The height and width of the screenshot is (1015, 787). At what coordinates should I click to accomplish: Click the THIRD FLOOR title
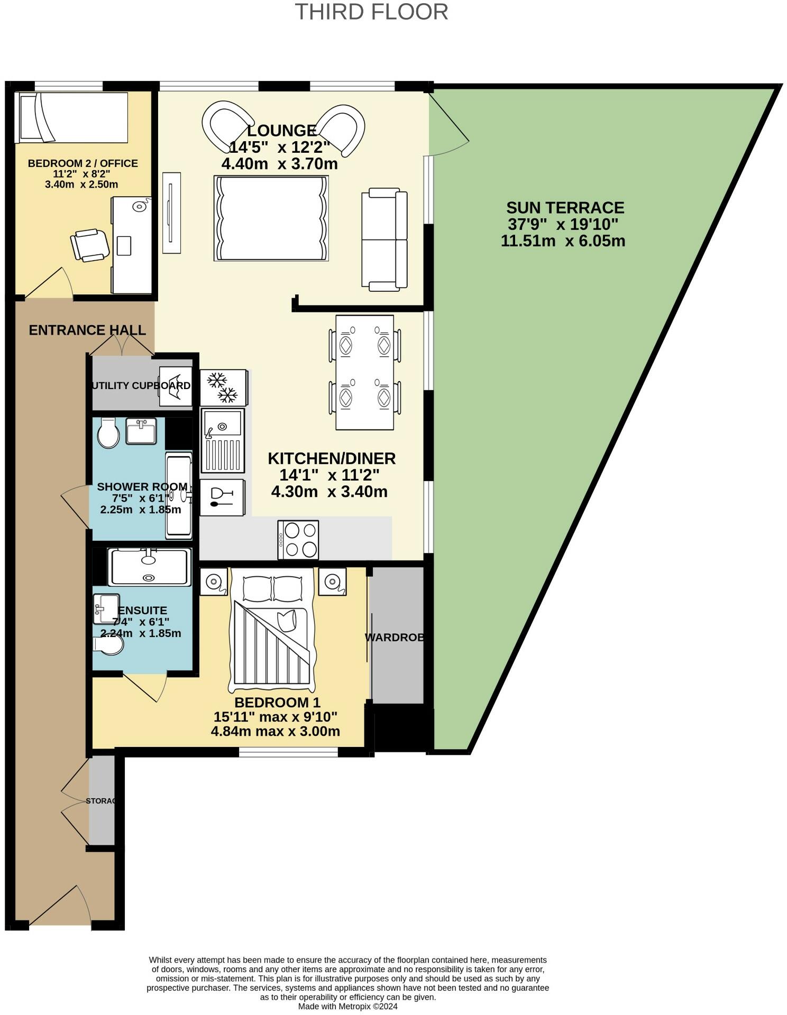point(371,12)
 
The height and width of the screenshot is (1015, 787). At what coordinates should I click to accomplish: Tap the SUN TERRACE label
point(565,207)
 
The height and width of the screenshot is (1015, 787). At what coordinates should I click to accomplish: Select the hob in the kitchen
point(298,540)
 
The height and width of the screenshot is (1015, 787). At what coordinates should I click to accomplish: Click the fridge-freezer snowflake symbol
point(223,387)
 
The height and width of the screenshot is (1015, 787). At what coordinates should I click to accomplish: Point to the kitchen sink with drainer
point(223,440)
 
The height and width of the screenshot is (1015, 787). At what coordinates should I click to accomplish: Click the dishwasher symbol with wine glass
point(222,497)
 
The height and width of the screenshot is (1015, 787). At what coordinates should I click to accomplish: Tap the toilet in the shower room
point(108,433)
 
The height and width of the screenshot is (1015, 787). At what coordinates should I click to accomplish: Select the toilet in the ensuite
point(108,645)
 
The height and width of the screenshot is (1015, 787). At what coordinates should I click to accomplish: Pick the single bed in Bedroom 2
point(71,117)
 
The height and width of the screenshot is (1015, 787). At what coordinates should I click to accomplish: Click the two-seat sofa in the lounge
point(385,239)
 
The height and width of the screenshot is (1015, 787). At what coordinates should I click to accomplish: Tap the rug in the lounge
point(271,218)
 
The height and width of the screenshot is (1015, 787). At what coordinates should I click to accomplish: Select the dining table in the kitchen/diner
point(364,373)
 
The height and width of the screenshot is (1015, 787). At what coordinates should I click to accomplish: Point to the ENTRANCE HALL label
point(87,330)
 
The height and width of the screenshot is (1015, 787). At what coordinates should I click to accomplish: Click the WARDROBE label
point(395,638)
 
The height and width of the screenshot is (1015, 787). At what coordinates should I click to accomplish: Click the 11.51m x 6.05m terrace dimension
point(563,241)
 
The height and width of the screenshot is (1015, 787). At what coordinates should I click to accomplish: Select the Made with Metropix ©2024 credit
point(347,1007)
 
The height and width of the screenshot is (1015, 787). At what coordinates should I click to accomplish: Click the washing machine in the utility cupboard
point(176,386)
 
